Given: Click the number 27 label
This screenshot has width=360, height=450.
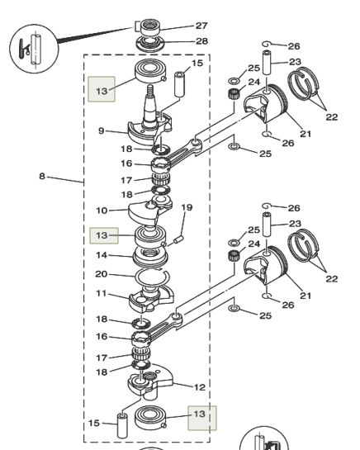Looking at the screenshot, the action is tap(201, 26).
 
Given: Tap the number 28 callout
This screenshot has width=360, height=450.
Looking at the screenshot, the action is tap(201, 41).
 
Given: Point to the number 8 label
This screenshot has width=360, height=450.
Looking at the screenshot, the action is tap(42, 176).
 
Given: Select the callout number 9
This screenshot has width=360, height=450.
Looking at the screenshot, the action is tap(101, 130).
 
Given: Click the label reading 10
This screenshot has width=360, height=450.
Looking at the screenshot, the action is tap(102, 211).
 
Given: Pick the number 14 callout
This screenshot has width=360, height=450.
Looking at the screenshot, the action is tap(102, 255).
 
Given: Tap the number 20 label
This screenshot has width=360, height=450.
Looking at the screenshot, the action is tap(101, 274).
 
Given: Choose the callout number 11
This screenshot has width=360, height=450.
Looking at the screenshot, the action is tap(101, 293).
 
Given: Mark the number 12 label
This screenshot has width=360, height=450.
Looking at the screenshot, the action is tap(200, 387).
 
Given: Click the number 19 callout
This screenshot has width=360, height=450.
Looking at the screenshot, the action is tap(187, 207).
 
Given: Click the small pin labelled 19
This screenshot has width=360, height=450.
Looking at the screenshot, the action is tap(178, 239).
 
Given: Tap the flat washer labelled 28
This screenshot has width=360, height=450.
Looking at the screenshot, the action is tap(150, 44).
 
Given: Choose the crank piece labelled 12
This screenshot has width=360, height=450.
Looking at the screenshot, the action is tap(150, 380).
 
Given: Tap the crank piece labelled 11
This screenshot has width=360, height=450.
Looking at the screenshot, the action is tap(151, 298).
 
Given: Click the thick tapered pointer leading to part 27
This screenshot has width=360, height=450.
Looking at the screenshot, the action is tap(95, 35).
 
